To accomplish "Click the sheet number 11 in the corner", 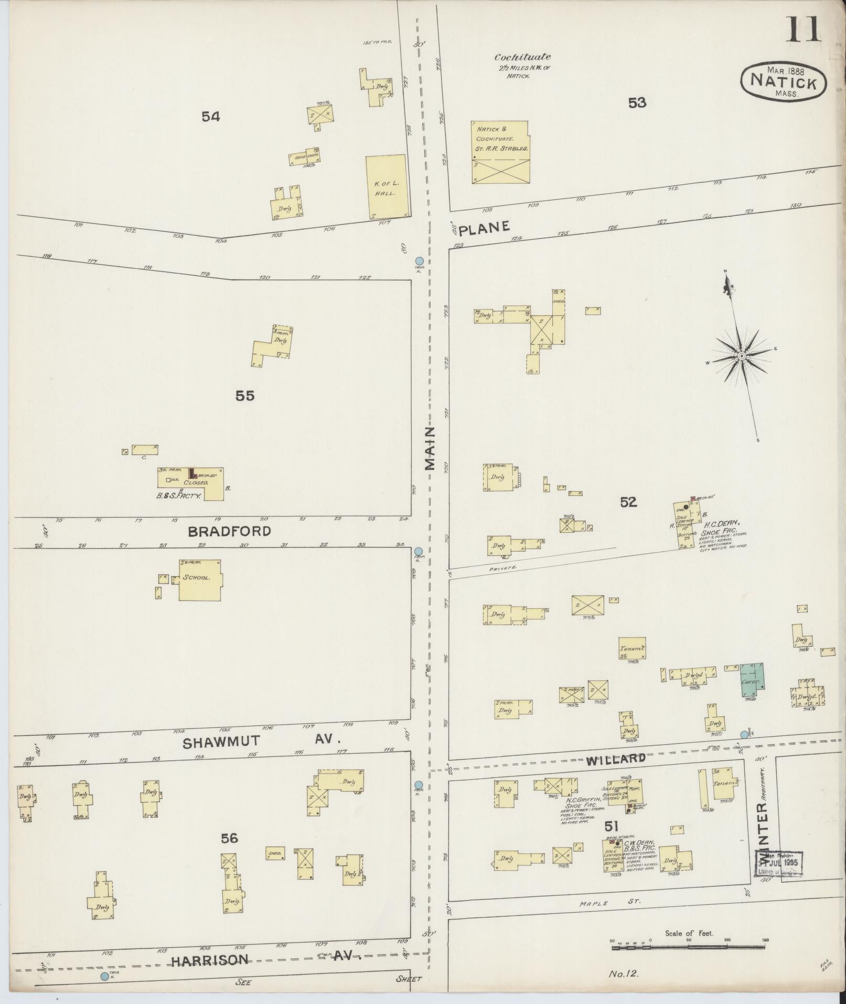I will [x=802, y=29].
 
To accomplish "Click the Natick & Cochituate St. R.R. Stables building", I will [x=500, y=152].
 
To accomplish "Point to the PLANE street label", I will [x=485, y=227].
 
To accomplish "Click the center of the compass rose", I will [x=742, y=356].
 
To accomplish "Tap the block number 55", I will [x=245, y=396].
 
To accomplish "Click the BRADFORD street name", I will [x=229, y=531].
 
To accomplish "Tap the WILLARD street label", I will [x=615, y=758].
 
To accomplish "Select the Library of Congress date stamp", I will [x=779, y=863].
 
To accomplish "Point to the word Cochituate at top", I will [x=522, y=57].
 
